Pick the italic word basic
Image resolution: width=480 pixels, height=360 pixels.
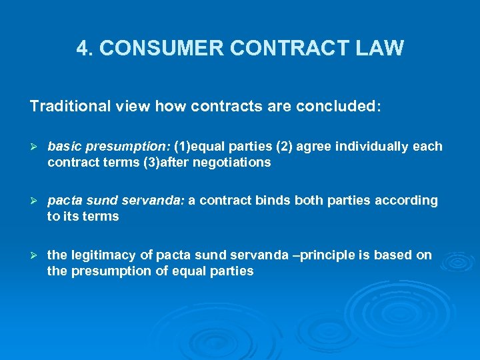tap(63, 146)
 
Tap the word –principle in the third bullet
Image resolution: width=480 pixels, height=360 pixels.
tap(313, 255)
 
